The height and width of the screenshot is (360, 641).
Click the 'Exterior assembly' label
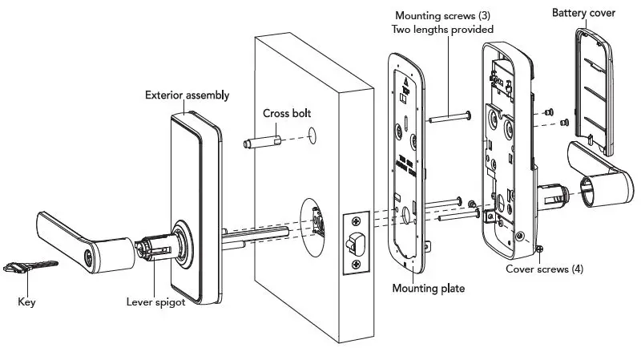click(187, 95)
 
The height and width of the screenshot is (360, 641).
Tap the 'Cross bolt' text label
click(288, 113)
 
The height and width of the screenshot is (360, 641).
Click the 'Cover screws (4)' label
click(544, 269)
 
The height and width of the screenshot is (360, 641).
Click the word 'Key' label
click(26, 302)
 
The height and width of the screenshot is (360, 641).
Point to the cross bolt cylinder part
click(260, 144)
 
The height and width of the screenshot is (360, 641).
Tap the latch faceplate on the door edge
click(355, 241)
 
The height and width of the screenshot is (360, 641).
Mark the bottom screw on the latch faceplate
click(355, 263)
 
